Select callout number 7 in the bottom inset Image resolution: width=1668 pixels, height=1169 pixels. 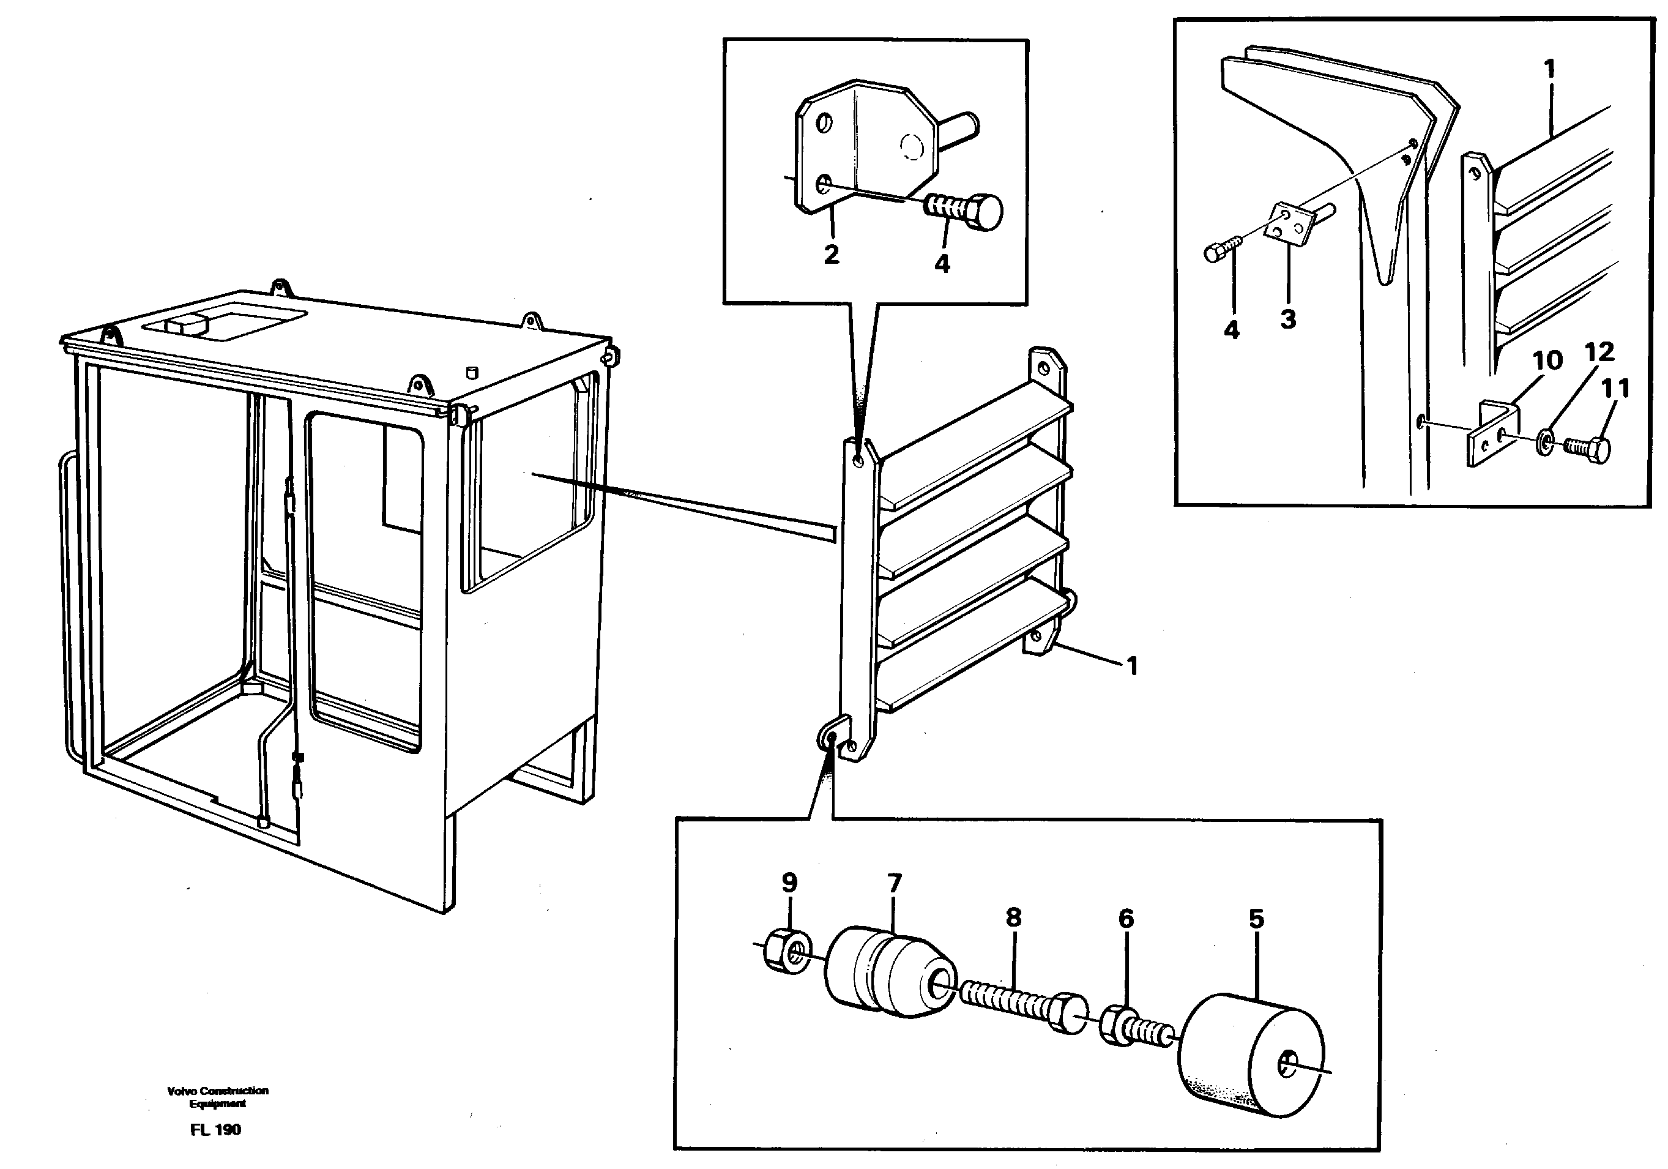(x=895, y=883)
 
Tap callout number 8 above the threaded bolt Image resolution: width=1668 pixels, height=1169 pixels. (x=1013, y=917)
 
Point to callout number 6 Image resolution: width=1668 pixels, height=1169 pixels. (x=1125, y=919)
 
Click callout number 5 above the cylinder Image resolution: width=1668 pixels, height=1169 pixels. (x=1256, y=919)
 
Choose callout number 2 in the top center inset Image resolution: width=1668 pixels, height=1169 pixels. (x=831, y=253)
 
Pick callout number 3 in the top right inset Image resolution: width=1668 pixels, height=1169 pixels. (x=1288, y=318)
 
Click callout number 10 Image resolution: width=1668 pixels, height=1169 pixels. (x=1547, y=360)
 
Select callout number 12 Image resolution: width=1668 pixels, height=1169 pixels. (x=1599, y=353)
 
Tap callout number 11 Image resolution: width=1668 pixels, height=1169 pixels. (x=1617, y=389)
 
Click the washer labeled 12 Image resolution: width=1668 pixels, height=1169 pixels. (x=1544, y=442)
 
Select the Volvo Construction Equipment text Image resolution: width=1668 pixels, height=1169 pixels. (x=217, y=1096)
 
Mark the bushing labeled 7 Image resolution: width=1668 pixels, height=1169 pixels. (x=888, y=971)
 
